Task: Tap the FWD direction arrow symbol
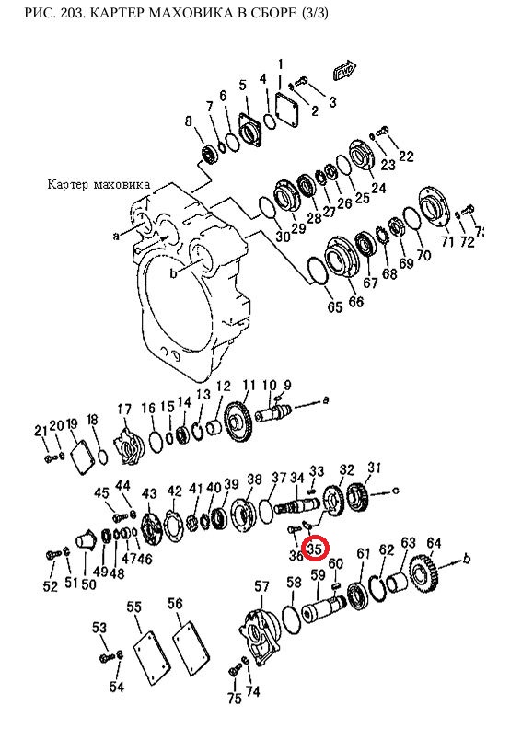click(344, 70)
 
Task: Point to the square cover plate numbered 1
click(287, 110)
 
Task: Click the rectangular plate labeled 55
click(151, 657)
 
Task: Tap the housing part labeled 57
click(261, 637)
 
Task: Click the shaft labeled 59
click(325, 607)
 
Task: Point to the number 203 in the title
click(78, 13)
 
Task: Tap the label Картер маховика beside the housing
click(99, 184)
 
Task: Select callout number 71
click(446, 241)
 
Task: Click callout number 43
click(149, 493)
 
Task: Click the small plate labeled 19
click(80, 455)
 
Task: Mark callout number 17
click(124, 409)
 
